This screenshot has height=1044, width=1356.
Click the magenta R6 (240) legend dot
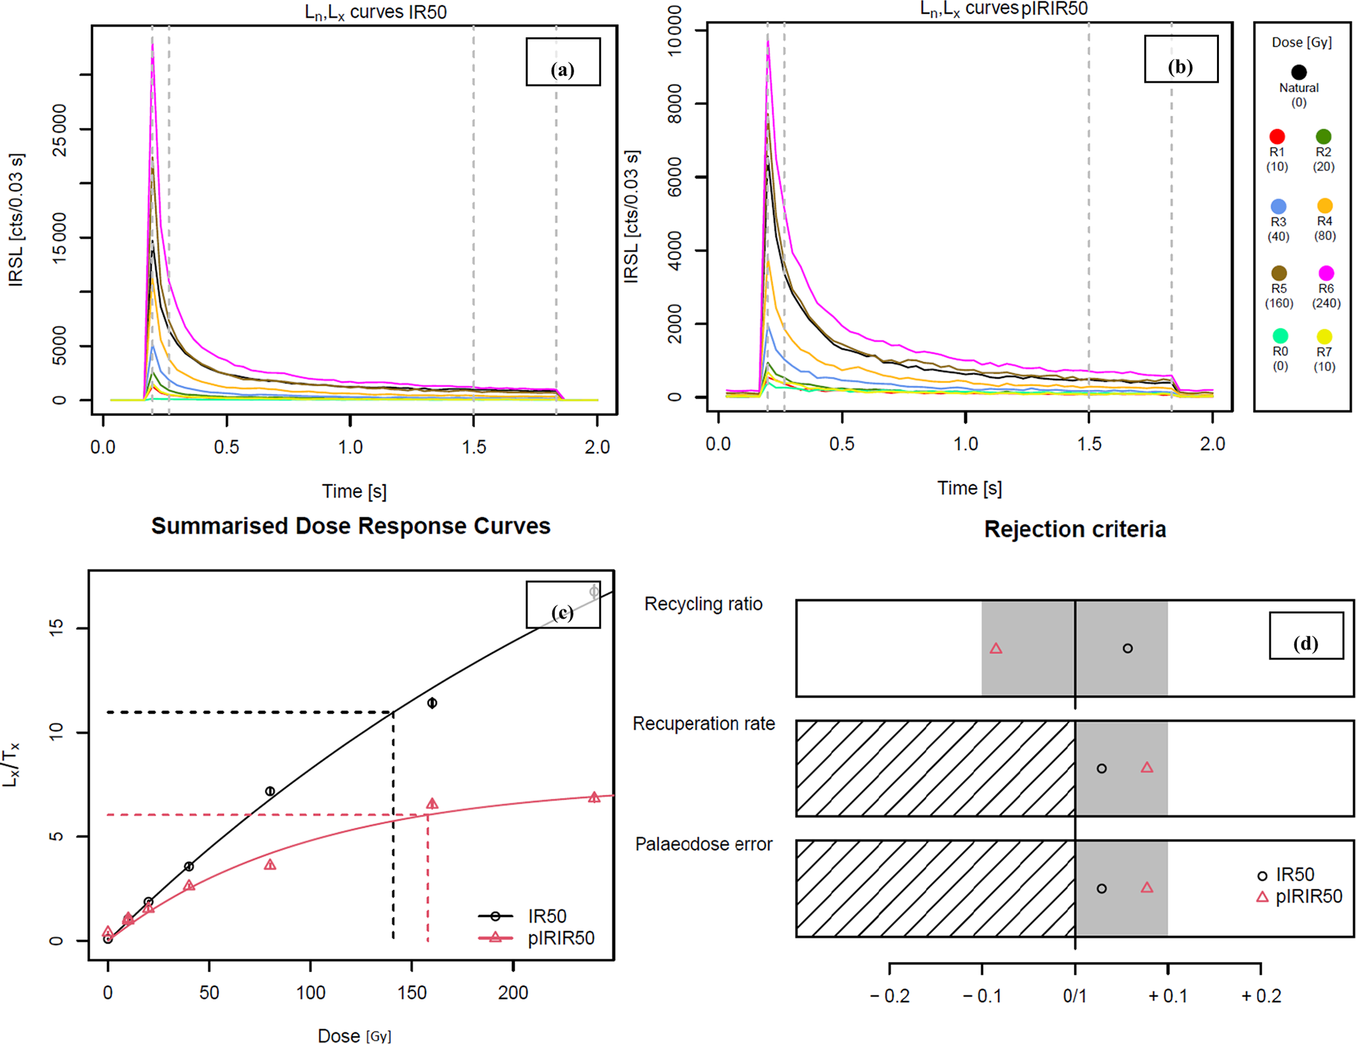coord(1326,273)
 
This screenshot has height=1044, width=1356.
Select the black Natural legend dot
coord(1299,72)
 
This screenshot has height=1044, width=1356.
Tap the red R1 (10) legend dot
coord(1277,136)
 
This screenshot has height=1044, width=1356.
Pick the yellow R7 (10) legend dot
coord(1325,337)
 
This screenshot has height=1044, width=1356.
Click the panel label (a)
coord(563,70)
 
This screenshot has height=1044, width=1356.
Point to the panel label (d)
coord(1305,644)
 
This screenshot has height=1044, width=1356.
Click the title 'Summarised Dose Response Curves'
coord(351,526)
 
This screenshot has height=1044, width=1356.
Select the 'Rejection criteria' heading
coord(1075,530)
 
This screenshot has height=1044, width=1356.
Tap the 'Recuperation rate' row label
coord(703,724)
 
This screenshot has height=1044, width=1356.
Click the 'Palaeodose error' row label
coord(703,844)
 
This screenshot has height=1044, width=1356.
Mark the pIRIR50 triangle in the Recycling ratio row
coord(996,648)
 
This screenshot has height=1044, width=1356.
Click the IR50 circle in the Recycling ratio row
coord(1127,648)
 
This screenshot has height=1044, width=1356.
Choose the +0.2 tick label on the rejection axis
coord(1261,996)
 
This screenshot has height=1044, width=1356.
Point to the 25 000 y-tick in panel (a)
coord(60,129)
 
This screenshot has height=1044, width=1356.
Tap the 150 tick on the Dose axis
coord(411,993)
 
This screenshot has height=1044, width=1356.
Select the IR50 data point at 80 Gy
coord(270,791)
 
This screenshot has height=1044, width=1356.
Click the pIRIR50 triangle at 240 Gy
coord(594,797)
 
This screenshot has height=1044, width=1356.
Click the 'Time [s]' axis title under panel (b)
coord(969,488)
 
